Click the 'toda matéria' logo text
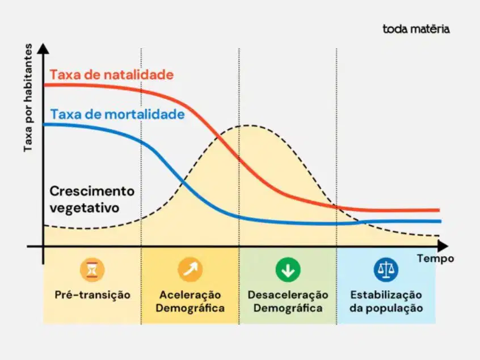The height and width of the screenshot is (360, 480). point(416,29)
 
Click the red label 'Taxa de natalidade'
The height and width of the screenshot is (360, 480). point(112,75)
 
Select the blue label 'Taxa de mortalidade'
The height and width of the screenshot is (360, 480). point(117,115)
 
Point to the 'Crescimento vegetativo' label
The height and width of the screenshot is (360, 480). point(92,200)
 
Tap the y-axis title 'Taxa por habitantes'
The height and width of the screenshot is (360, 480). point(28,98)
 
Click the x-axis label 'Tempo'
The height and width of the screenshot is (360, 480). point(435,259)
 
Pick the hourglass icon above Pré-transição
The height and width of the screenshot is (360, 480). point(92,270)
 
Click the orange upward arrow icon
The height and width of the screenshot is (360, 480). point(190,270)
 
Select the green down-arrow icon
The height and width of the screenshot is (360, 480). point(288,270)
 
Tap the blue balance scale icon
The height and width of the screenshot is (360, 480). point(386,270)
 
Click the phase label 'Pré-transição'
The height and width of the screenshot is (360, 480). point(92,295)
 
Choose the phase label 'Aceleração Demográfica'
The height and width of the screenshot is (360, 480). point(190,301)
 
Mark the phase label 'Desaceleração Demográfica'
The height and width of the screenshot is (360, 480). point(288,301)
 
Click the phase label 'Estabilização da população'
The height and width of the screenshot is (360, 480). point(386,301)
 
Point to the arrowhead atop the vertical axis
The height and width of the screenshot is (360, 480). point(43,48)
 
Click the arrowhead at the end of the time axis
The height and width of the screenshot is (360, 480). point(443,246)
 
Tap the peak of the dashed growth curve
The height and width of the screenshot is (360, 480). point(248,125)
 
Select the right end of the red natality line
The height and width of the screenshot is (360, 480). point(439,210)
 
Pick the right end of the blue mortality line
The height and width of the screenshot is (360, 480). point(440,221)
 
